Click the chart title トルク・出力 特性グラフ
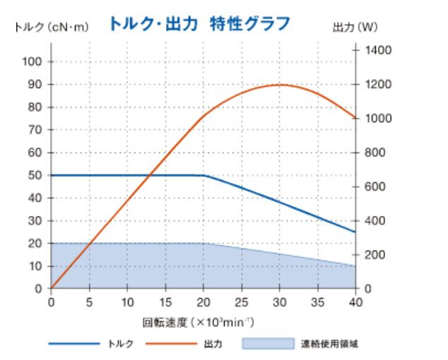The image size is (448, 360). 199,25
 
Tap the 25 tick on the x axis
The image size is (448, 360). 242,301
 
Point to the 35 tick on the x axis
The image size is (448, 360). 318,301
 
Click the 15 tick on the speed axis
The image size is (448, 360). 165,301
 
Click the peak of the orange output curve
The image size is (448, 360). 281,85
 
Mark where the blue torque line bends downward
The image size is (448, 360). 204,175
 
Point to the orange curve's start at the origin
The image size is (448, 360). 51,289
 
